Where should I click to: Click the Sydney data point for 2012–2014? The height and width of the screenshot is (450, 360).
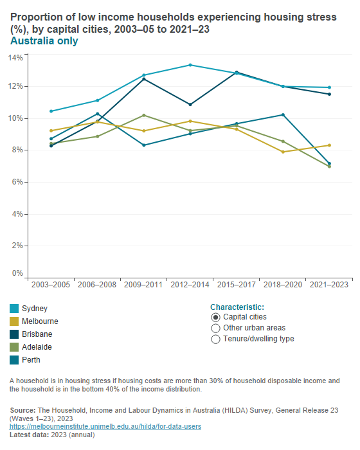(190, 65)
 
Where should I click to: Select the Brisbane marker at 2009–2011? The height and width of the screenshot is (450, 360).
(144, 79)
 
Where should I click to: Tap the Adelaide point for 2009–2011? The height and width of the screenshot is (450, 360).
(144, 115)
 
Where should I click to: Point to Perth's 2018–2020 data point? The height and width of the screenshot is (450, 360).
(283, 114)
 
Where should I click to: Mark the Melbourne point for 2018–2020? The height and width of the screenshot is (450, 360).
(283, 152)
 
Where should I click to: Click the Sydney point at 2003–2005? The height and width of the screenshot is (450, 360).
(51, 111)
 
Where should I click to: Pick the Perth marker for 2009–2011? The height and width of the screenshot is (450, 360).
(144, 145)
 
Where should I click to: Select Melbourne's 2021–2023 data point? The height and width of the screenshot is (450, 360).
(329, 145)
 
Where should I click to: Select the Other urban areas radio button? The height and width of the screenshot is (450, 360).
(215, 328)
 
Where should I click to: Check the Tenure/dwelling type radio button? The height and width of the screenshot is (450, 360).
(215, 339)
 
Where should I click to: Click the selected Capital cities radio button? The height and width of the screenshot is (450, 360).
(215, 317)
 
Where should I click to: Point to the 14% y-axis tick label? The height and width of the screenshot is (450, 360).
(15, 57)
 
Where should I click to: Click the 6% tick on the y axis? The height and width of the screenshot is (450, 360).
(17, 182)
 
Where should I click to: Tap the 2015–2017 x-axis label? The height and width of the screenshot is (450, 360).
(237, 284)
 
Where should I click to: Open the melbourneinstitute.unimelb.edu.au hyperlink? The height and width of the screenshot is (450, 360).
(105, 426)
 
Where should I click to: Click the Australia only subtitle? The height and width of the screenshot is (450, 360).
(44, 41)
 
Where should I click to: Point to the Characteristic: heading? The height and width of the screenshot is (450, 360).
(237, 307)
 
